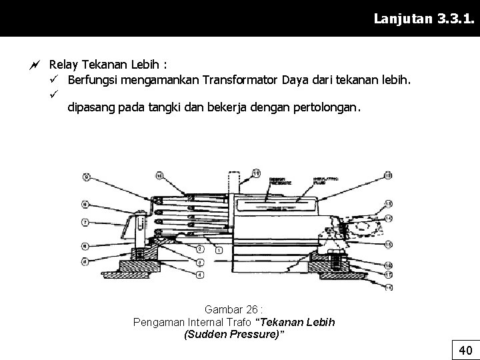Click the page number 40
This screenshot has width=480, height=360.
(465, 350)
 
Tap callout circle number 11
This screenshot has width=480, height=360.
(256, 175)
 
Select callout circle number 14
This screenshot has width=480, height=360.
(388, 219)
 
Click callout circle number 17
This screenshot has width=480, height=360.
(388, 273)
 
